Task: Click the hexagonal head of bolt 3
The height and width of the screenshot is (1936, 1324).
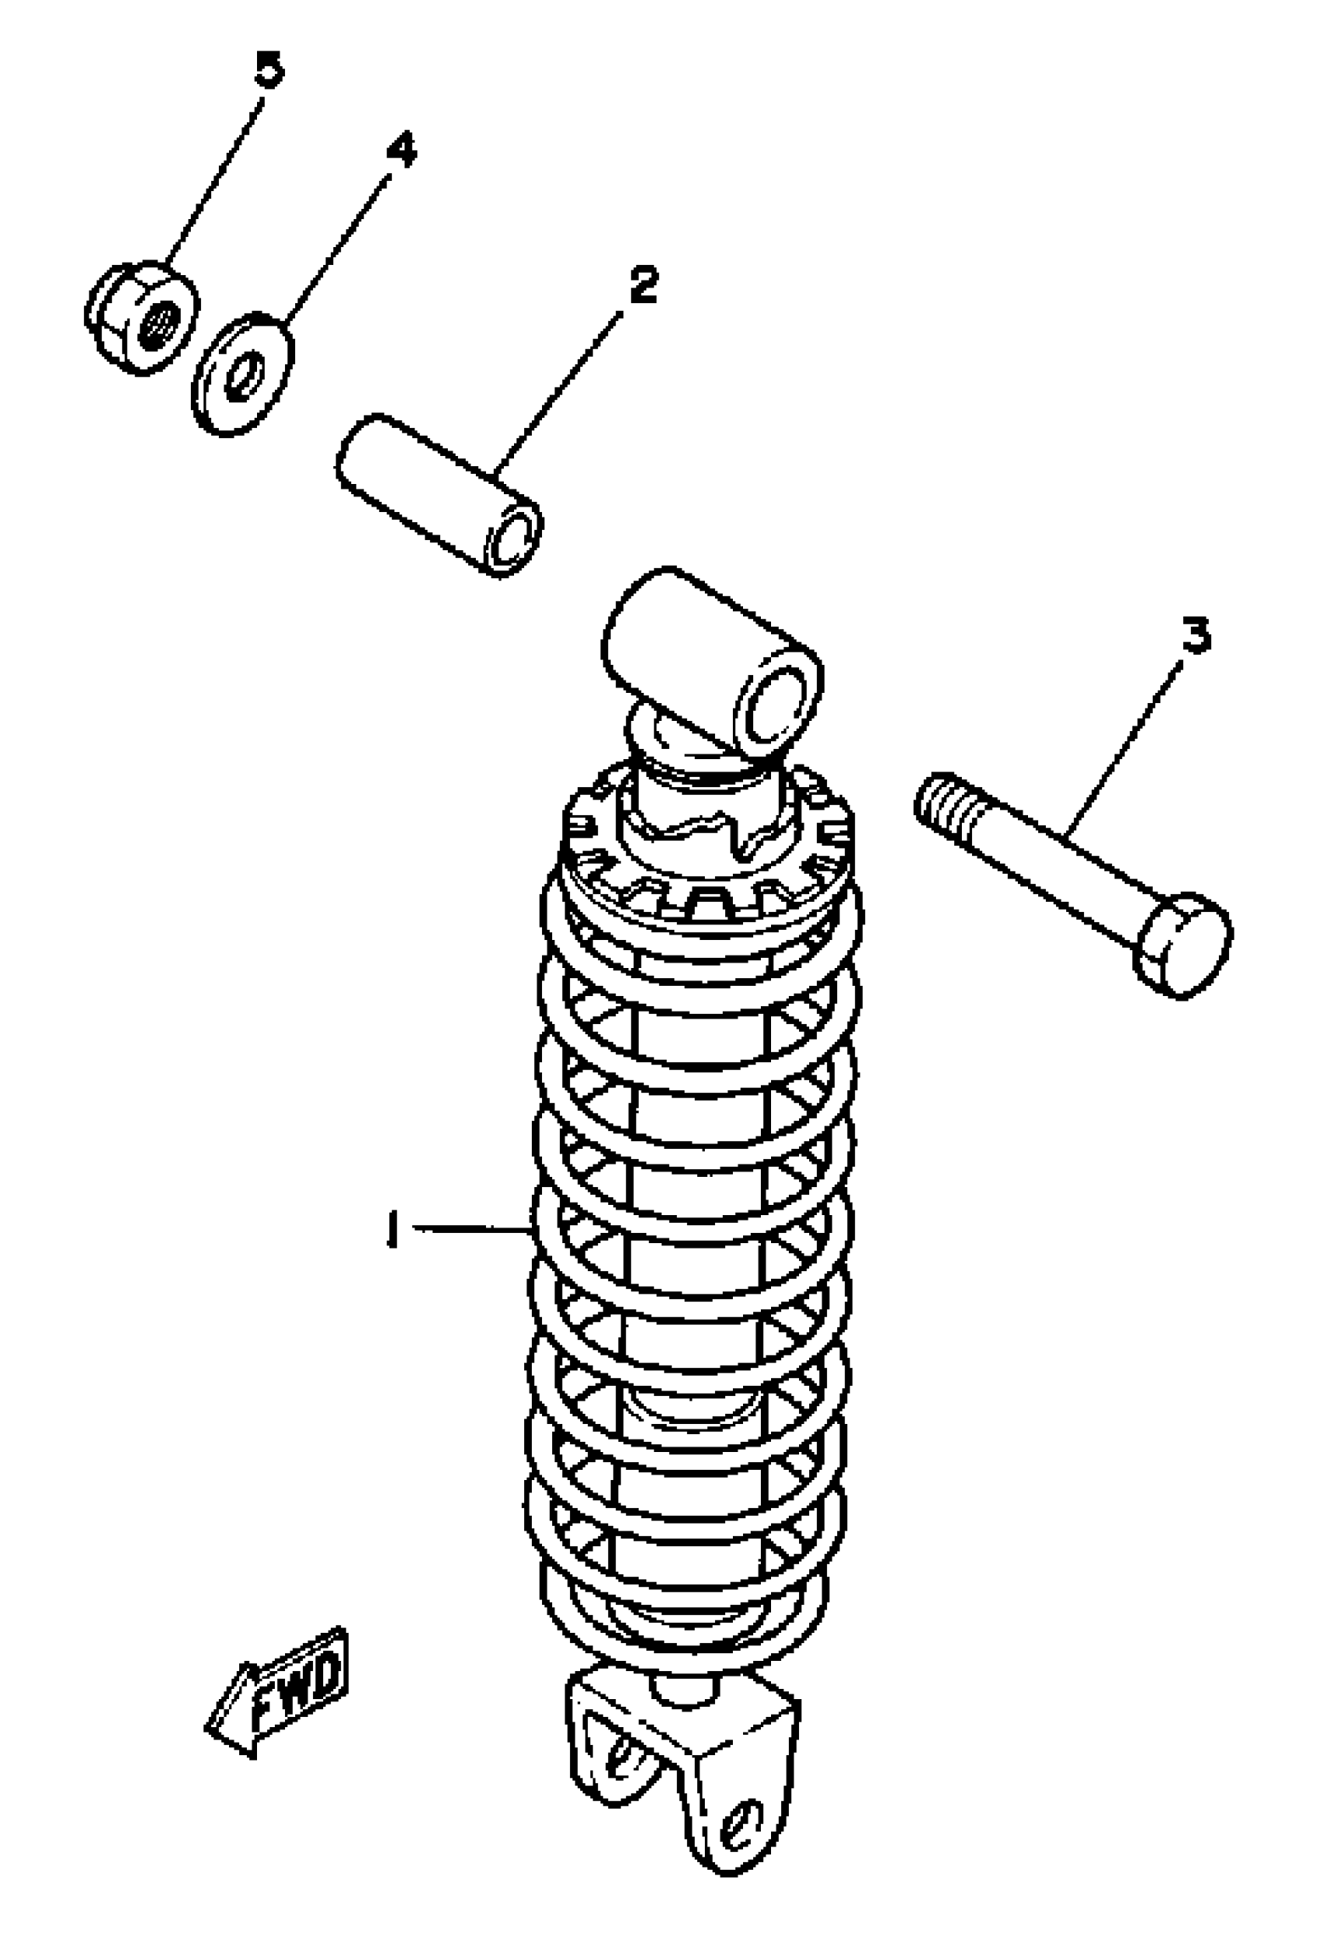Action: pos(1182,944)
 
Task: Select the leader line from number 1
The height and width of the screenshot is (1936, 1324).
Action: pos(470,1227)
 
